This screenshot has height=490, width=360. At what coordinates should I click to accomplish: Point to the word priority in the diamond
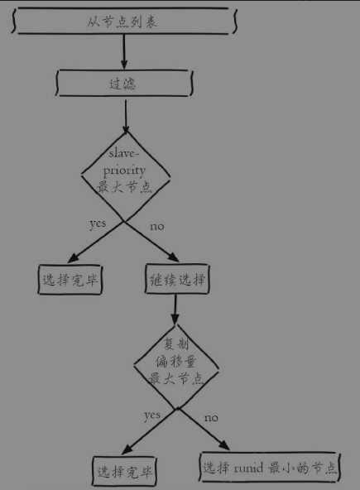point(124,171)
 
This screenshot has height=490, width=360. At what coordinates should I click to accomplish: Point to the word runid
point(248,468)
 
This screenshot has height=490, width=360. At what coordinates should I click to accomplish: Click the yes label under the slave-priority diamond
point(98,224)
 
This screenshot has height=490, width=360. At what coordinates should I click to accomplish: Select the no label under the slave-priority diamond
point(157,227)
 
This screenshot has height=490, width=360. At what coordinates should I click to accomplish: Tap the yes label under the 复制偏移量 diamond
point(152,416)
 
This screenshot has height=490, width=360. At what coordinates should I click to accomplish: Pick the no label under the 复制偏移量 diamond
point(211,418)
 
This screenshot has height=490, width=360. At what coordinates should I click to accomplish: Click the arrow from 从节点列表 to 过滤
point(124,51)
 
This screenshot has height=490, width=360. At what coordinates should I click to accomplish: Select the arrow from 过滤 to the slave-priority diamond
point(126,116)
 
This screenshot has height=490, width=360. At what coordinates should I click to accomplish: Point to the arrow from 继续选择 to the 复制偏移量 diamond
point(175,310)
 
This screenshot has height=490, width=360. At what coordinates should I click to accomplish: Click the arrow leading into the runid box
point(204,429)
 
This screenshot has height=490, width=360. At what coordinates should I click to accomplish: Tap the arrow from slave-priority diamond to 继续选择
point(151,242)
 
